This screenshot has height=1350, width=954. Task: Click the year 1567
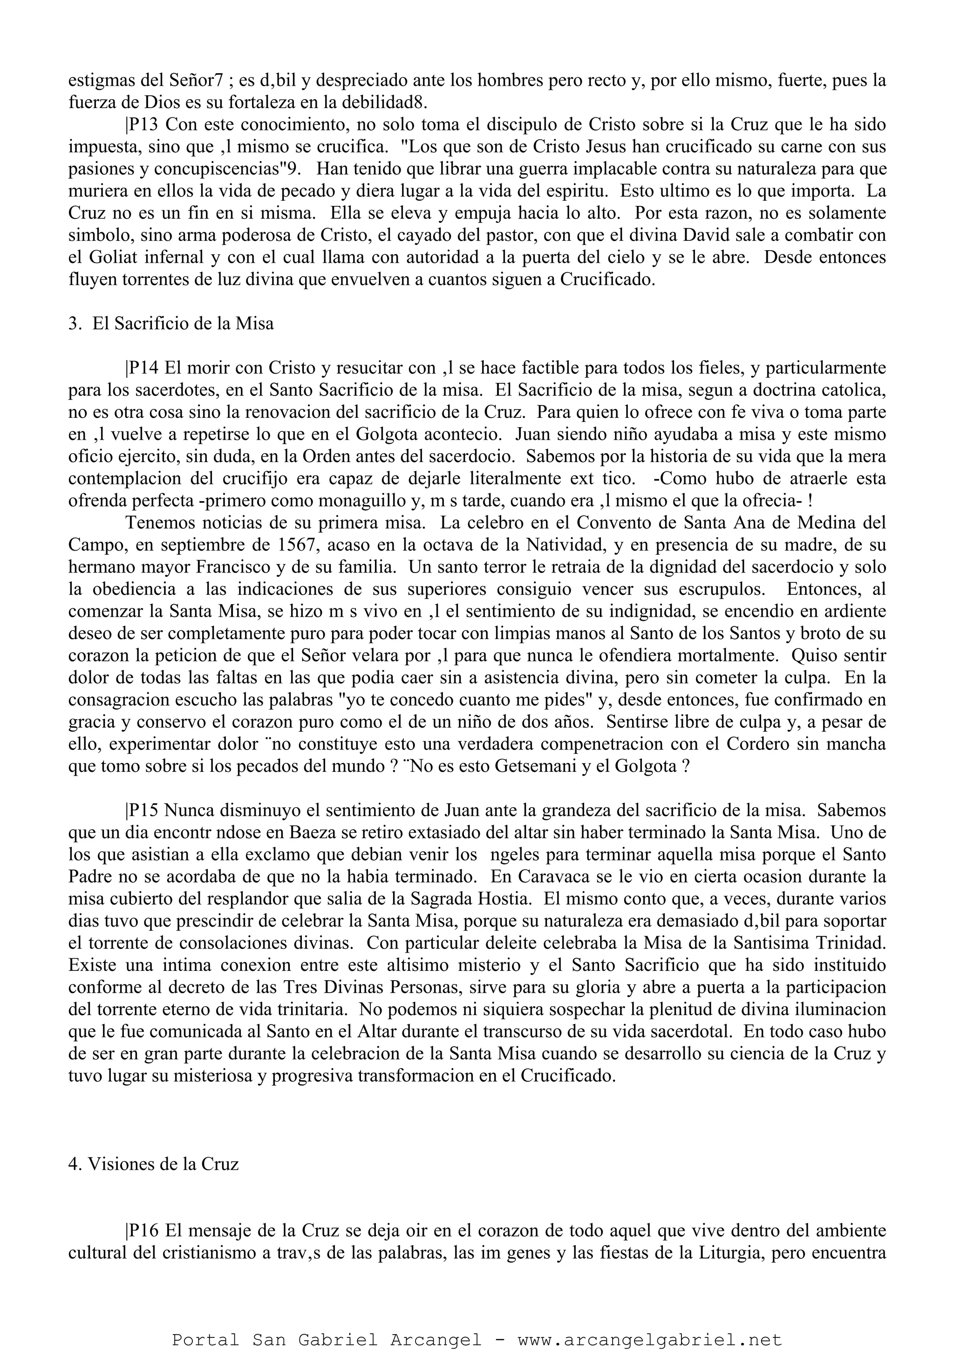tap(298, 545)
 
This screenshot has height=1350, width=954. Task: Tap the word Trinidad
tap(850, 943)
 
